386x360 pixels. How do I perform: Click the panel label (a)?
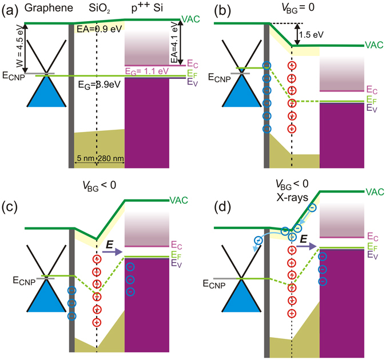[11, 10]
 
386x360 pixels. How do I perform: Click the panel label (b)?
[206, 10]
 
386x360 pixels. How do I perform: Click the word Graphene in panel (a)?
[44, 9]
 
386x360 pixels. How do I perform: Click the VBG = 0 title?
[297, 9]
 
